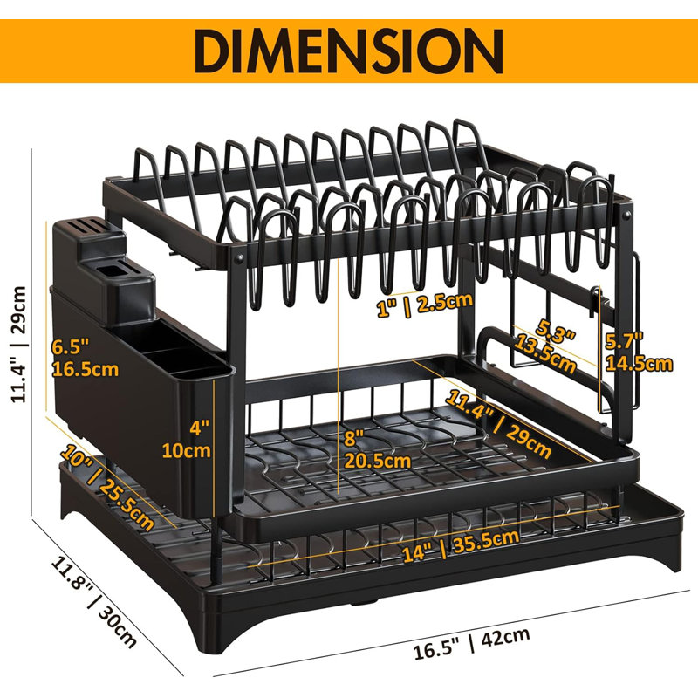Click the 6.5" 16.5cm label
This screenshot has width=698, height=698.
[84, 358]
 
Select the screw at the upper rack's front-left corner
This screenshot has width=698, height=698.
[241, 258]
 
